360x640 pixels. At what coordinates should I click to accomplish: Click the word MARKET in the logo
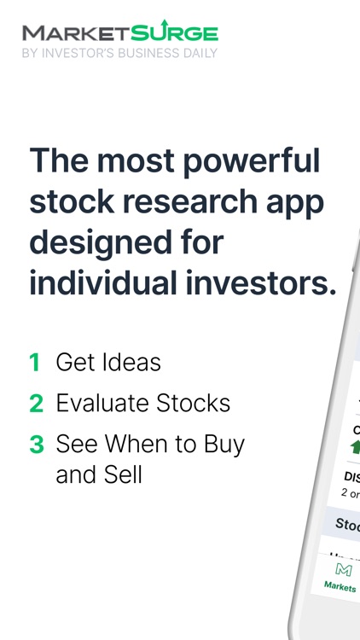click(75, 33)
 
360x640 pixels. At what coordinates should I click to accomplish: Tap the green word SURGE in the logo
click(174, 33)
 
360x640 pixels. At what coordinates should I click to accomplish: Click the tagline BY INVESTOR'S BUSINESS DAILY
click(119, 53)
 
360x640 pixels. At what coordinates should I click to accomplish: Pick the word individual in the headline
click(101, 282)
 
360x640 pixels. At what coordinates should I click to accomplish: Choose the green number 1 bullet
click(35, 362)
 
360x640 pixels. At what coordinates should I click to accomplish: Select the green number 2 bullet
click(36, 403)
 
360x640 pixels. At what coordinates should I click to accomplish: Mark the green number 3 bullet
click(36, 444)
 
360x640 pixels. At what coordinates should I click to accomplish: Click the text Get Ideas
click(108, 362)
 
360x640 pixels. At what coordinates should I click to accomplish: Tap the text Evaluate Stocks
click(143, 403)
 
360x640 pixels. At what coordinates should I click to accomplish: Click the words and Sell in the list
click(99, 474)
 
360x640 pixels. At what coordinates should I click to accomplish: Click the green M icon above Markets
click(343, 569)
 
